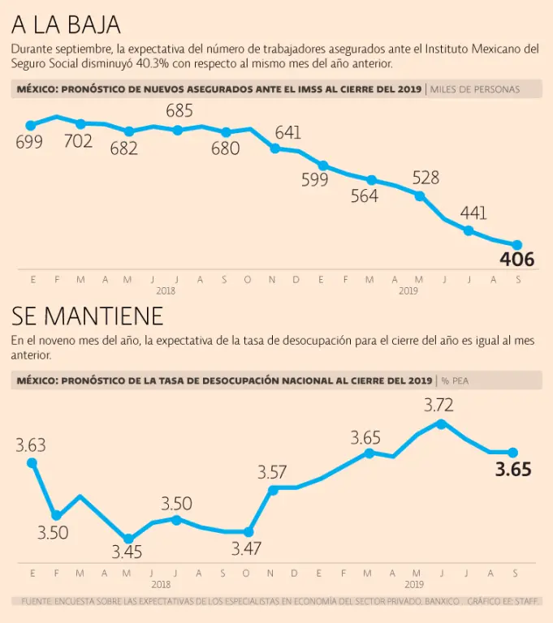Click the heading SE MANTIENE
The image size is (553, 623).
point(88,315)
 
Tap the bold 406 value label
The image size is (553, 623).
point(516,260)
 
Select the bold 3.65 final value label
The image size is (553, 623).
point(513,470)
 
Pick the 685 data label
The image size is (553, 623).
point(179,110)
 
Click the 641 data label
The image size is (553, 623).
point(288,132)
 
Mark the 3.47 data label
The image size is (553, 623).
point(246,548)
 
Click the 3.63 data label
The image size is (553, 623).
point(31,445)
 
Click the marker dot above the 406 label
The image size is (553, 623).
point(516,244)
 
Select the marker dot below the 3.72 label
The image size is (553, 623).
point(441,423)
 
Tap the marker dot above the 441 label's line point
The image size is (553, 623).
point(469,230)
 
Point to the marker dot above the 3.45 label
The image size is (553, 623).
point(127,538)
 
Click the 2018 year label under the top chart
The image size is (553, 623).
point(166,290)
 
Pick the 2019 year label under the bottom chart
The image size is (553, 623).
point(414,583)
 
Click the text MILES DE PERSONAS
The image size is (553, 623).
point(475,89)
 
